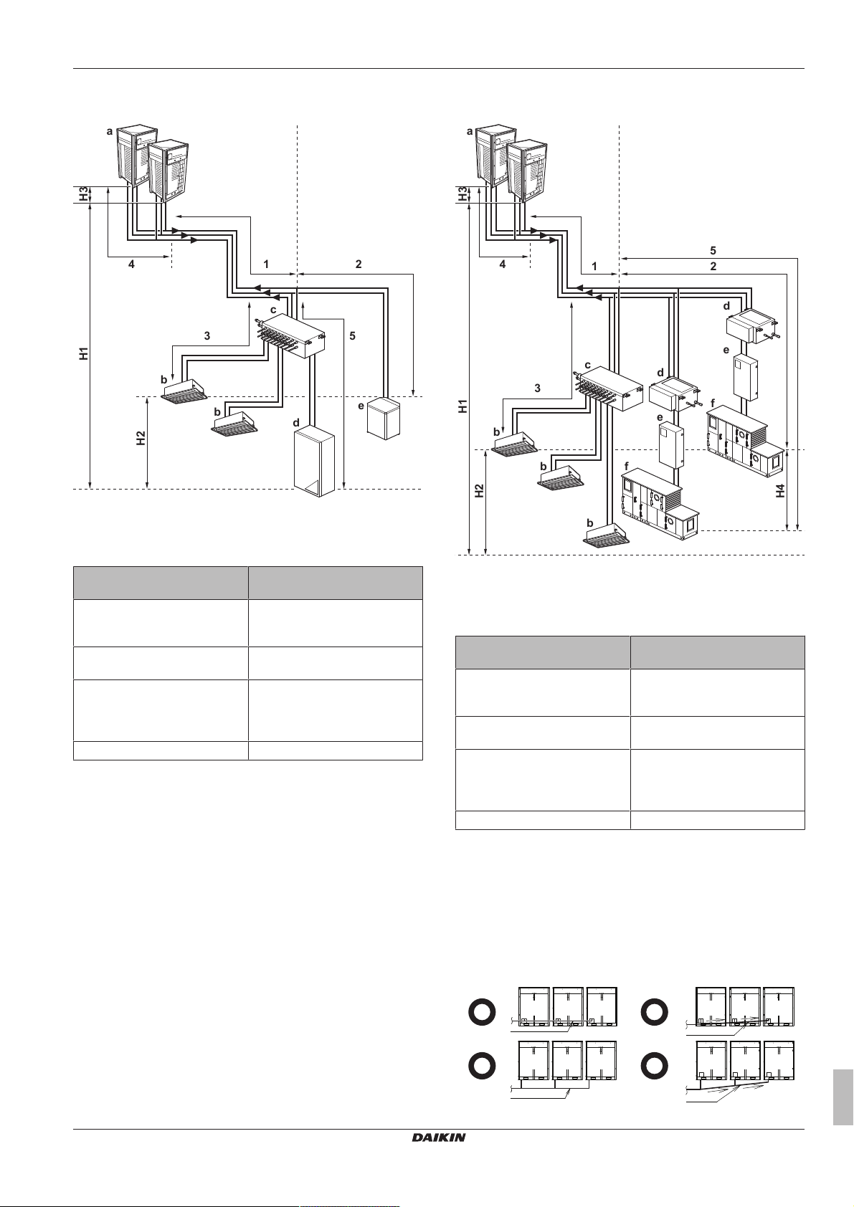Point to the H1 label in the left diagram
(84, 353)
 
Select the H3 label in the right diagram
(464, 194)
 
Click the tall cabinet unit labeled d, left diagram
(314, 461)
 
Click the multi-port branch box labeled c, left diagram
(290, 337)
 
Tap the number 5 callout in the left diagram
(352, 335)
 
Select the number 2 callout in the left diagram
(359, 264)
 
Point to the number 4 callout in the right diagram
(503, 264)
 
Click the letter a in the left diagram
(110, 131)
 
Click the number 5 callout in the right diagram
(713, 250)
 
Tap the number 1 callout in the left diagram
(266, 264)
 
